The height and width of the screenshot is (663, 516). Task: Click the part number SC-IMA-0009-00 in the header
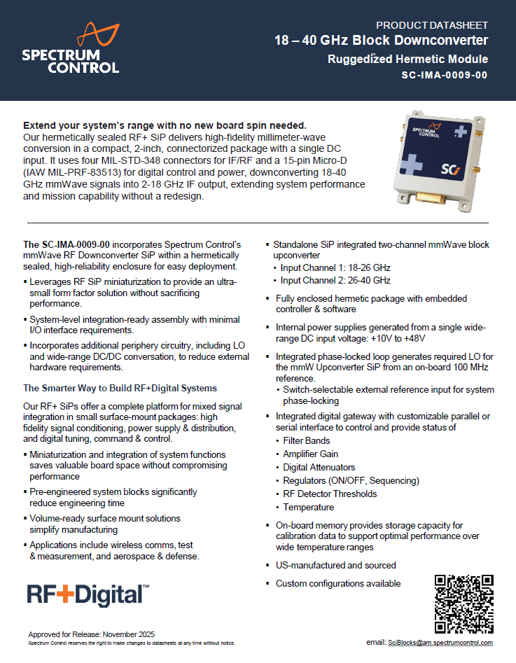(445, 76)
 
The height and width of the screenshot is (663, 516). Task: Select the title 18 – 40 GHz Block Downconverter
(381, 41)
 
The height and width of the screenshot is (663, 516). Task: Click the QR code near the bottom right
(464, 603)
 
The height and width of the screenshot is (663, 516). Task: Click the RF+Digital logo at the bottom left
(88, 594)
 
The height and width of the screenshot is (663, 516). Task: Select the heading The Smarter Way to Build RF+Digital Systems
(120, 388)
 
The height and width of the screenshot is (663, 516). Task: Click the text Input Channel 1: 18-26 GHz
(335, 267)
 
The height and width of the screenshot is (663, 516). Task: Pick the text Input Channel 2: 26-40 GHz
(335, 280)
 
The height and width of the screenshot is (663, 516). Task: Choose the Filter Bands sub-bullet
(306, 440)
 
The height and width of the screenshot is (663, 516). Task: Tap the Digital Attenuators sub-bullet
(319, 467)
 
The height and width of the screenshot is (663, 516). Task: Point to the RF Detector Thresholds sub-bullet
(330, 494)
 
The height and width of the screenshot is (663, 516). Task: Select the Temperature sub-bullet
(308, 507)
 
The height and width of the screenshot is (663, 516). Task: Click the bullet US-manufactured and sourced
(335, 565)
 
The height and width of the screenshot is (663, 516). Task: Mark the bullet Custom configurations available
(338, 583)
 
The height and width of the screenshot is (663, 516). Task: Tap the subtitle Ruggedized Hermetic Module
(407, 60)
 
